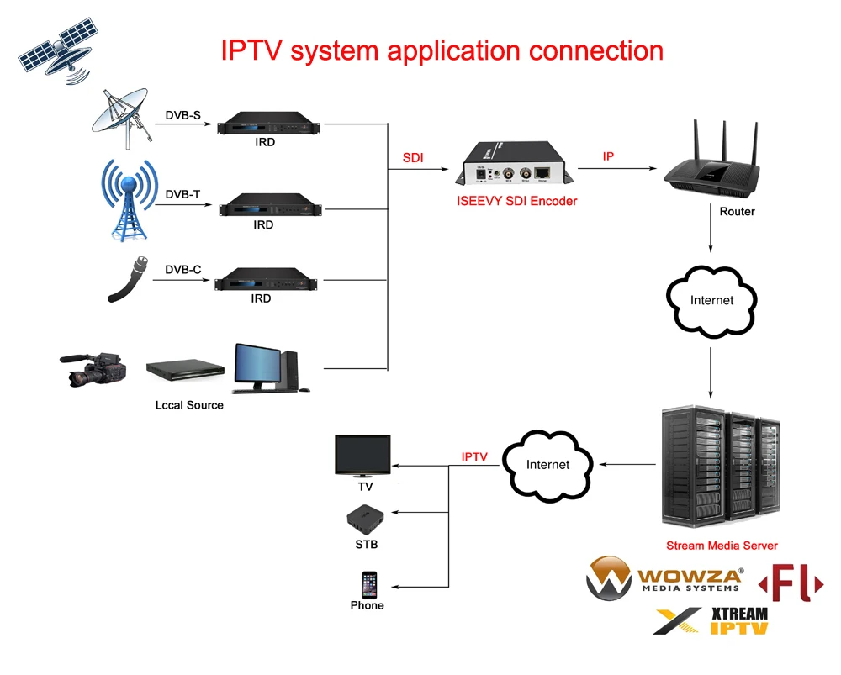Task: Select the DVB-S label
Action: (182, 114)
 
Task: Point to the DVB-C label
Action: (182, 269)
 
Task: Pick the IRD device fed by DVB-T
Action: (264, 204)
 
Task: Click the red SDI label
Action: (413, 158)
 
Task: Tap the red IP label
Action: (608, 157)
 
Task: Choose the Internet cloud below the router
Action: (711, 300)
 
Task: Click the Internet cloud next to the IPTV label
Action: (547, 464)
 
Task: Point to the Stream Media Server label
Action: (722, 546)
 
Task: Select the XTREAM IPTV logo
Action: (711, 620)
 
